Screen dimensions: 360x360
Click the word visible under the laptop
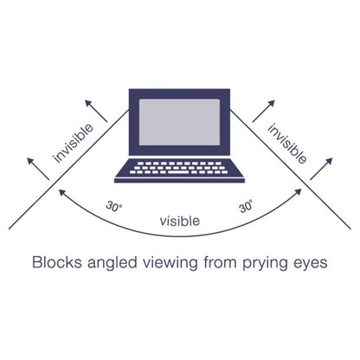click(x=180, y=221)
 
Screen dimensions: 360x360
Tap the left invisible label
click(x=74, y=144)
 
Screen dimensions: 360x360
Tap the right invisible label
click(x=287, y=144)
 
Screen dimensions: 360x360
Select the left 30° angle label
click(x=113, y=207)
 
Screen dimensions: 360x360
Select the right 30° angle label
click(x=246, y=206)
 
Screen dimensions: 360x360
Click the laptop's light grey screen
click(x=179, y=122)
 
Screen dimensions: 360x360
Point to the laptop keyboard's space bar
click(x=178, y=172)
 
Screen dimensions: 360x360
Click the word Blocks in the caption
click(x=57, y=262)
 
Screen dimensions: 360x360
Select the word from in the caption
click(x=220, y=262)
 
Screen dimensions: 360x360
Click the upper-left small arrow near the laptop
click(x=96, y=111)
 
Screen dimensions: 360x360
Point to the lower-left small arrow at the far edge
click(x=38, y=169)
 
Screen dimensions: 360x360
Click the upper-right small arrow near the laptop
click(x=264, y=111)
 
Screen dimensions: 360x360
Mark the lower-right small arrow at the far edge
click(x=321, y=169)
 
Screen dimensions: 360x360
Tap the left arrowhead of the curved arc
click(x=61, y=192)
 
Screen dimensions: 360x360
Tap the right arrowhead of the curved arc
click(x=299, y=192)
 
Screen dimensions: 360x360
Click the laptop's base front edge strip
click(x=179, y=181)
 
